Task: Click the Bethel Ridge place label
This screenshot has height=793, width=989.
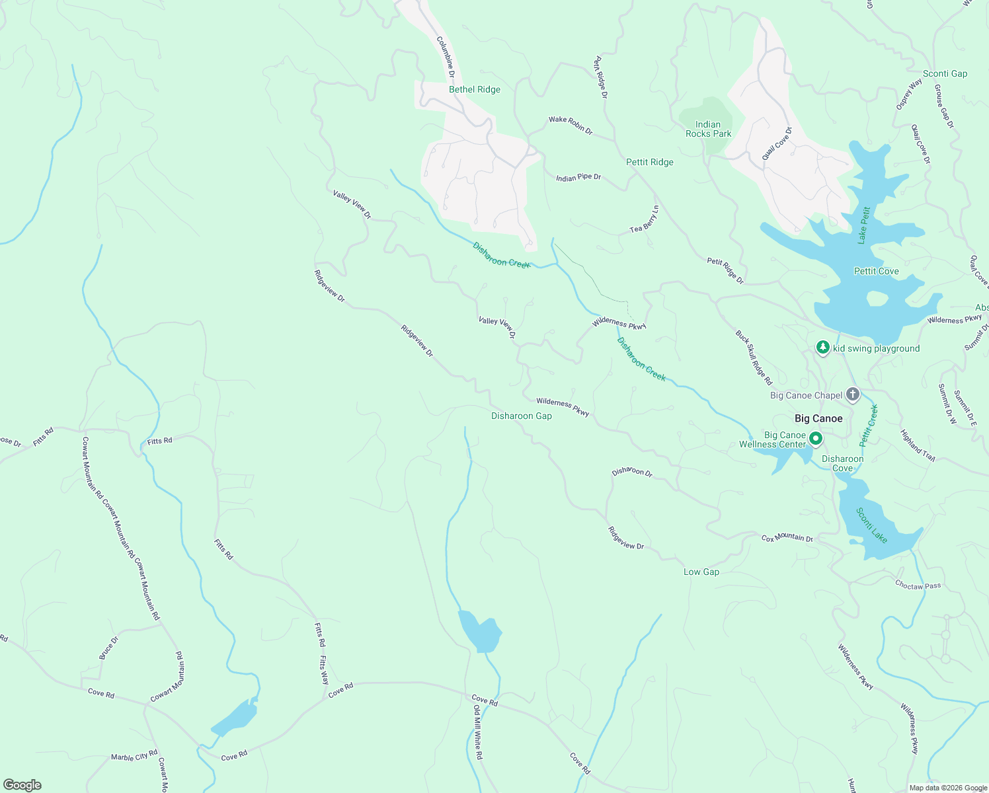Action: click(x=474, y=90)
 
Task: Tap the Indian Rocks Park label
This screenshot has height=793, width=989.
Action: click(x=708, y=129)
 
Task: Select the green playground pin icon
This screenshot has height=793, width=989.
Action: click(x=822, y=348)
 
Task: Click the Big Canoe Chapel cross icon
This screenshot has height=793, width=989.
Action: click(x=853, y=395)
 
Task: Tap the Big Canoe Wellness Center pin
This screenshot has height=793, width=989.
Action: click(x=816, y=439)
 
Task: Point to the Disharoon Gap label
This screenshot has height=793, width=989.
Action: click(x=521, y=416)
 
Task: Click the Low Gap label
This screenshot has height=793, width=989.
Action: click(x=701, y=572)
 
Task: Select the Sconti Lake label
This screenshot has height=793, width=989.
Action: click(x=871, y=525)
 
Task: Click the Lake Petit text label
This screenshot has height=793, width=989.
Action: click(x=863, y=225)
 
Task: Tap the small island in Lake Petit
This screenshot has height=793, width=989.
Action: click(x=877, y=299)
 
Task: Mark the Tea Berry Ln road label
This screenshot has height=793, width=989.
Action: click(x=645, y=219)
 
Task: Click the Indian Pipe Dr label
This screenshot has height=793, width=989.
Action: click(x=578, y=178)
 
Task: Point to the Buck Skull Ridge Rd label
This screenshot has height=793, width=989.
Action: click(x=754, y=358)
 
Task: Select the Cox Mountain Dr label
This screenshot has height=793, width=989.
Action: click(x=787, y=538)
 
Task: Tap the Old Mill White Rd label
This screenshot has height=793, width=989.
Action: click(x=478, y=732)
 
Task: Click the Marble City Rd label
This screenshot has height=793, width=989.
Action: click(x=134, y=755)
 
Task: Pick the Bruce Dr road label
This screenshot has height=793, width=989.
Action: click(x=109, y=648)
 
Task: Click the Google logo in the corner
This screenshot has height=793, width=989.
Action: click(x=22, y=784)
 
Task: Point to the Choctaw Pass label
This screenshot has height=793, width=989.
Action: click(x=918, y=585)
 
